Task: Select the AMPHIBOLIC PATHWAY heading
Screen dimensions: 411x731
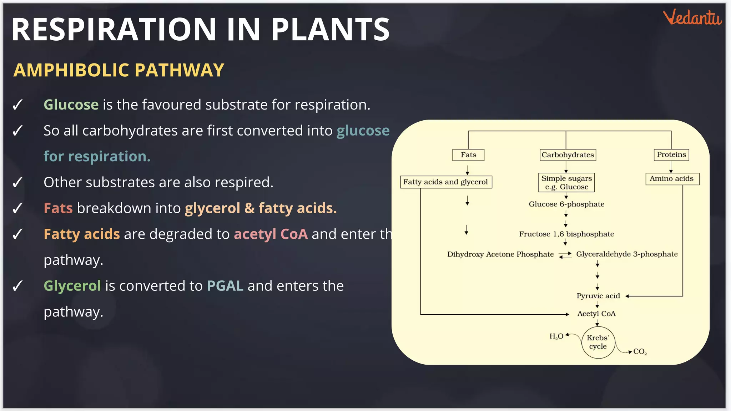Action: (119, 70)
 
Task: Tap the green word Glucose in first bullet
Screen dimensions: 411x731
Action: (71, 105)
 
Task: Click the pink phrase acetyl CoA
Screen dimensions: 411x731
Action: (271, 234)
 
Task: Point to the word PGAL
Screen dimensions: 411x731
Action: (225, 286)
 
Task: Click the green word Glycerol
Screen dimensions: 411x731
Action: (72, 286)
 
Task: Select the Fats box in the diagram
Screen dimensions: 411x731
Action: (468, 155)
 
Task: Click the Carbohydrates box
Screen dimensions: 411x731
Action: (568, 155)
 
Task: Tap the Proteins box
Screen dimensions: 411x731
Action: (671, 154)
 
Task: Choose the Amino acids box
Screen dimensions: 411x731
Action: (672, 179)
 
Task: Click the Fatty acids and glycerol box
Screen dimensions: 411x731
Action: (445, 182)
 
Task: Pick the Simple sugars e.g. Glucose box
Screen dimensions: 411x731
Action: (566, 183)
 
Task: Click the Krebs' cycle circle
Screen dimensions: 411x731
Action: (598, 342)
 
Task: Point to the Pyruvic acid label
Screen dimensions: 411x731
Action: (598, 296)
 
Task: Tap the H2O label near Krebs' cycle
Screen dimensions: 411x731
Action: (556, 336)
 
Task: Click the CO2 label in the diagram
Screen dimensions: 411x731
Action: (640, 352)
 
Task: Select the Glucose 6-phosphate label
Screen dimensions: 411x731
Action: (566, 204)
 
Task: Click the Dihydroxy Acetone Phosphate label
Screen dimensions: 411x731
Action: (500, 254)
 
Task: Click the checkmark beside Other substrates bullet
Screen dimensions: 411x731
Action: (17, 183)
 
